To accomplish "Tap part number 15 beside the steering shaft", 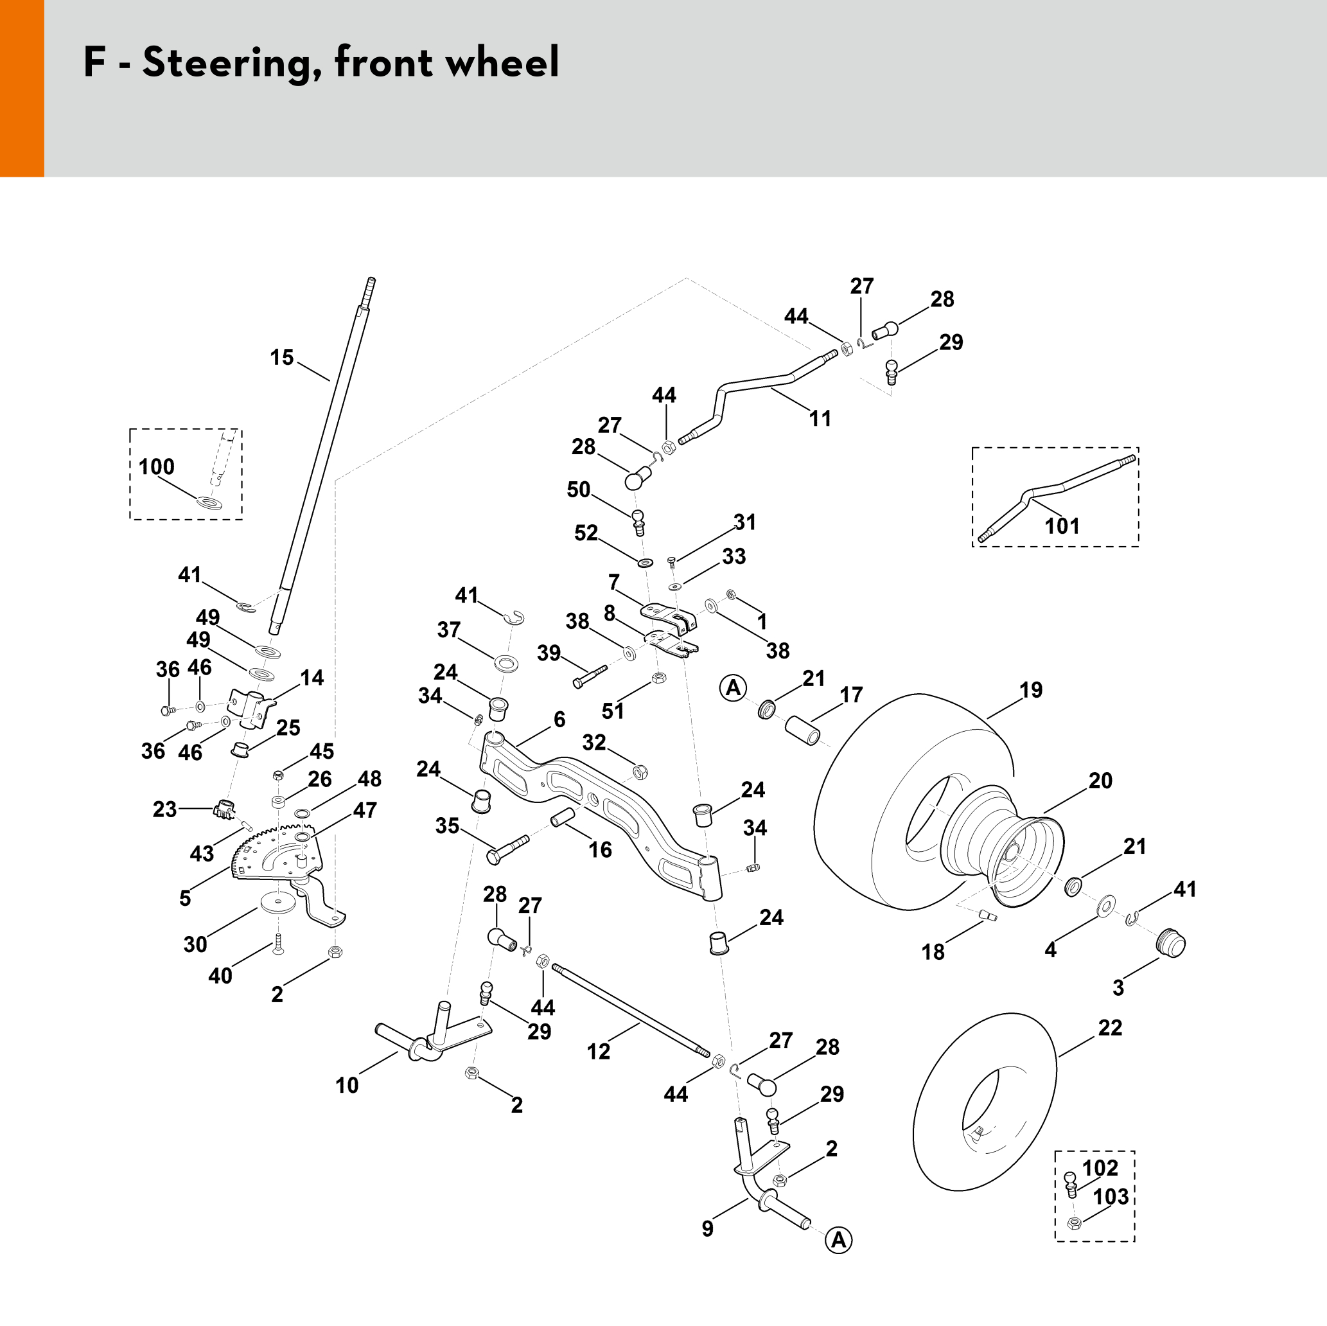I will (281, 357).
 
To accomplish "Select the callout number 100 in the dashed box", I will (157, 467).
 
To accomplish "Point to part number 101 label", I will (1062, 526).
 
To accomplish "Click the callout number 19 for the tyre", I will (1031, 690).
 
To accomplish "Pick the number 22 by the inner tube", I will (1110, 1028).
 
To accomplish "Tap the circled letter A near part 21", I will (733, 687).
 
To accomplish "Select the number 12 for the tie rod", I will (598, 1051).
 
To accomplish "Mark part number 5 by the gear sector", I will (185, 898).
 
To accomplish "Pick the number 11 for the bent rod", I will (820, 418).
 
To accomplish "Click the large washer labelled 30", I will (277, 901).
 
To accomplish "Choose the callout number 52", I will (586, 533).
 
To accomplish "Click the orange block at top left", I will (22, 88).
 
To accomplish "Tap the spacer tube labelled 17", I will (802, 731).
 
